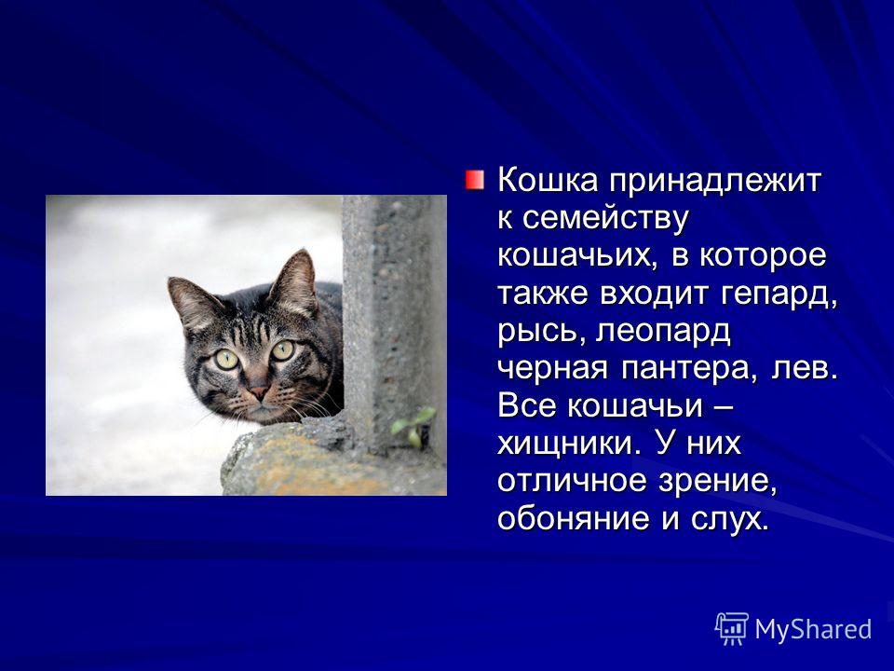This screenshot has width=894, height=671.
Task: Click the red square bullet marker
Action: pos(474,180)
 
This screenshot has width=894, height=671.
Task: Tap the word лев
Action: pos(804,369)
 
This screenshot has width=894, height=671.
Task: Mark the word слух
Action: pos(728,520)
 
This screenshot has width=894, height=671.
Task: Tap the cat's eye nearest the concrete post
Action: pos(283,349)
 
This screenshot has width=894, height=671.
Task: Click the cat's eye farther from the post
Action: pos(226,359)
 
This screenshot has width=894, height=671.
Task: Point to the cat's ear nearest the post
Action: pos(294,280)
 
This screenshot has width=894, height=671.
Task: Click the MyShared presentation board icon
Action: pos(732,628)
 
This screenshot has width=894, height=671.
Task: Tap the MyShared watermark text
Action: pos(813,629)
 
